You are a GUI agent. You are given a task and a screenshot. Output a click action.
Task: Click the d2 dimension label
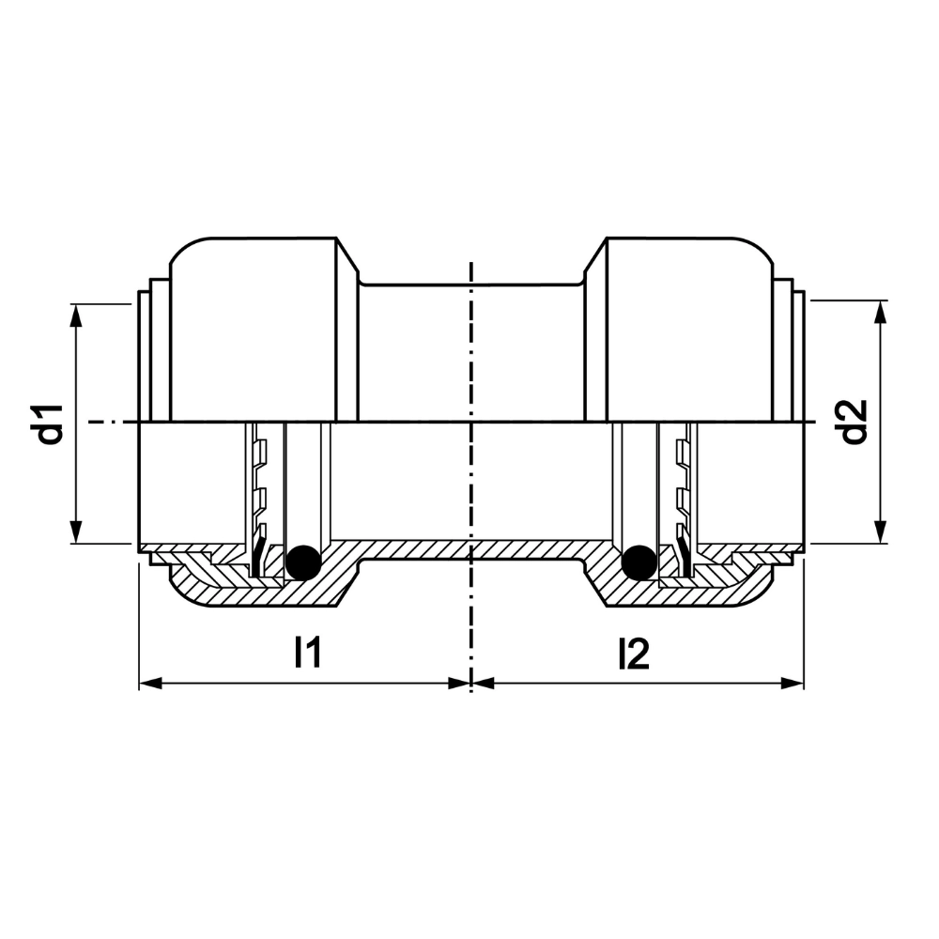pyautogui.click(x=854, y=422)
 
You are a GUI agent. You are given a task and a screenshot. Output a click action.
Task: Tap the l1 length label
pyautogui.click(x=308, y=653)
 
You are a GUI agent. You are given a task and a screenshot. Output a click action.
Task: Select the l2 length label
pyautogui.click(x=634, y=654)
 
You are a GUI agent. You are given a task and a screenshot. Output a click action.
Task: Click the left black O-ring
pyautogui.click(x=303, y=562)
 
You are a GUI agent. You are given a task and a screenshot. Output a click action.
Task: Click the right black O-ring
pyautogui.click(x=639, y=562)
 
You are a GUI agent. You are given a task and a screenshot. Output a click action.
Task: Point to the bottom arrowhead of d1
pyautogui.click(x=75, y=531)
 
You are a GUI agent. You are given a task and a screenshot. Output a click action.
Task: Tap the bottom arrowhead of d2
pyautogui.click(x=880, y=531)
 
